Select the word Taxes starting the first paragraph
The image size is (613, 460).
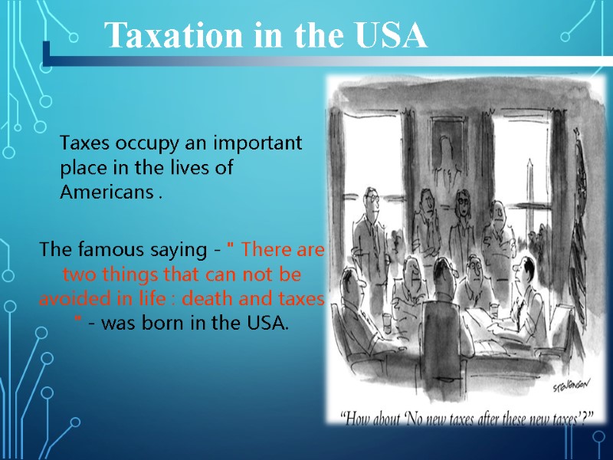pos(83,143)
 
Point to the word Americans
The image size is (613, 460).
pos(107,192)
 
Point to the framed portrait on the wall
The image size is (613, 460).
pos(444,142)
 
